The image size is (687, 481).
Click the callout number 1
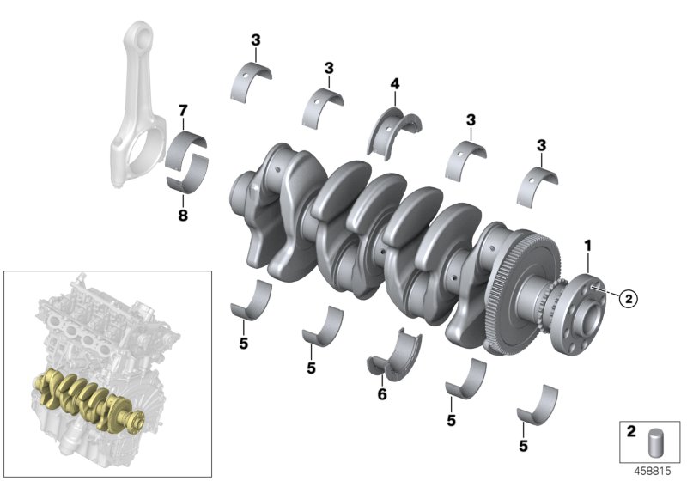click(x=587, y=246)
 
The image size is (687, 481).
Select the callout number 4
click(x=394, y=84)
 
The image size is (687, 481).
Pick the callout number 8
click(x=182, y=216)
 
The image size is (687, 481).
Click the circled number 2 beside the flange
click(x=628, y=299)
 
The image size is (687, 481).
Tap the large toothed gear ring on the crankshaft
click(x=514, y=292)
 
